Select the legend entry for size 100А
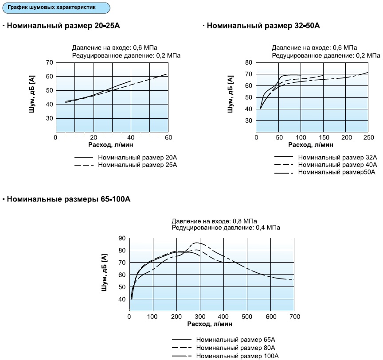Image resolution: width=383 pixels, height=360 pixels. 237,356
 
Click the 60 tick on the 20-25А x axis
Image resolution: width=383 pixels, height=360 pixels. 168,137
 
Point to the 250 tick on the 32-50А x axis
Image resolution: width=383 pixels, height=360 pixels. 368,137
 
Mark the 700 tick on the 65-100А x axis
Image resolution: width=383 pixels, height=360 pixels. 294,317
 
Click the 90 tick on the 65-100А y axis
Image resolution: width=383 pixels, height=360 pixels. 122,238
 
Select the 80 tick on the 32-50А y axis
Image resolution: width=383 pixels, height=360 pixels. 248,62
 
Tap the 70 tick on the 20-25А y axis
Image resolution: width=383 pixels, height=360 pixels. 50,62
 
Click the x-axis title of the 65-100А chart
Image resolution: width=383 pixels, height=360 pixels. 210,324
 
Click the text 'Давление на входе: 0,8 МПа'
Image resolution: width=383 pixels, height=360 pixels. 215,221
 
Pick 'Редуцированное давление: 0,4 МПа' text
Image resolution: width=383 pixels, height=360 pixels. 226,228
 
